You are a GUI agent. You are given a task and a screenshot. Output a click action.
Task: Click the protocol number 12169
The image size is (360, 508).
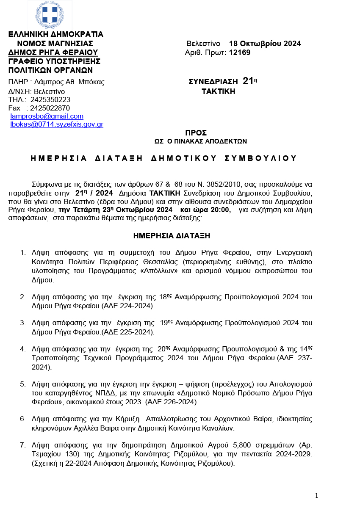tap(240, 52)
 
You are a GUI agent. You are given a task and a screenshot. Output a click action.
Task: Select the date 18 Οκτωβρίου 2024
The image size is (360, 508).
tap(265, 44)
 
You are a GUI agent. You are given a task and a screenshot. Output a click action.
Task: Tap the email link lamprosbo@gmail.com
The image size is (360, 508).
tap(47, 116)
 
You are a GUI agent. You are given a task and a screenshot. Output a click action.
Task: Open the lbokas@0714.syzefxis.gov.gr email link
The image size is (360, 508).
tap(57, 124)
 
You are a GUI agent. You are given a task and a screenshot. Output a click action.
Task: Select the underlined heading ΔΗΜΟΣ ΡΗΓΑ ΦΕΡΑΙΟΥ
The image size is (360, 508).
tap(53, 52)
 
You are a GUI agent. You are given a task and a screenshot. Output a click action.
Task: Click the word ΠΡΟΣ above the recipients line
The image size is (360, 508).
tap(196, 133)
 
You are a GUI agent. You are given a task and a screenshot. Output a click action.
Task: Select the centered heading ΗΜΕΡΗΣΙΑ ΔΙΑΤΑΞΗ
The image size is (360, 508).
tap(172, 236)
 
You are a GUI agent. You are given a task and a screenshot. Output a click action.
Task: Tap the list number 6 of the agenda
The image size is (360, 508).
tap(23, 419)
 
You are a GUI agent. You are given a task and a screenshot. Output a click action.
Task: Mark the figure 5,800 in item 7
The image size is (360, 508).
tap(243, 445)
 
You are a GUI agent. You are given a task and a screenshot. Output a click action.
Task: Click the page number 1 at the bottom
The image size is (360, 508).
tap(316, 496)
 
